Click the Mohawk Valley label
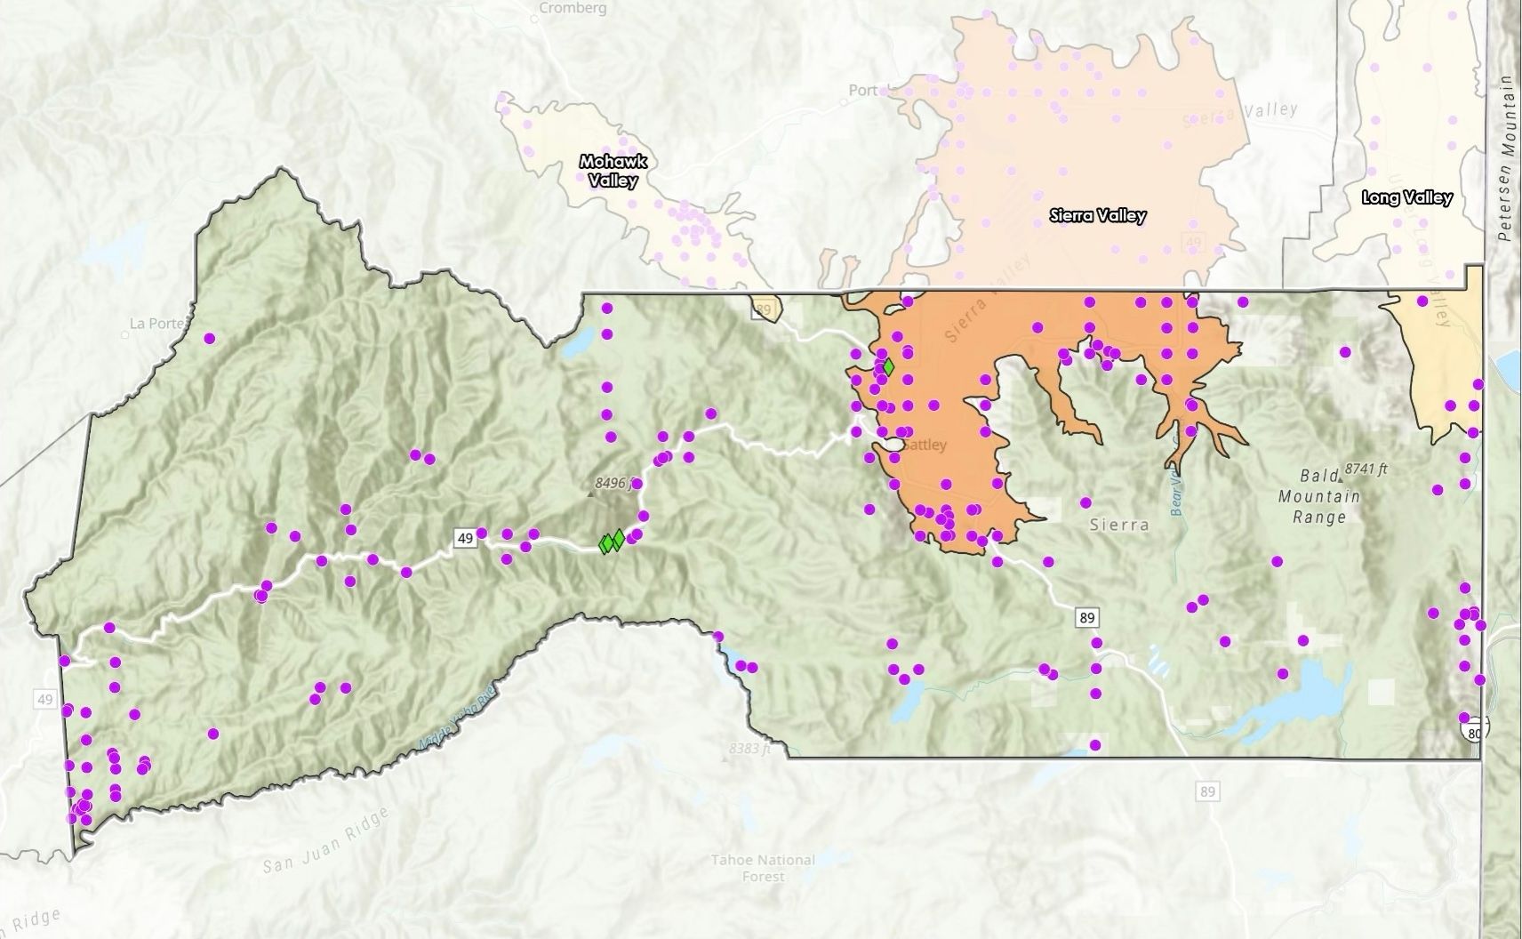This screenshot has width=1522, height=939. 613,171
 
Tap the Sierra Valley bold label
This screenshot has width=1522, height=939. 1097,215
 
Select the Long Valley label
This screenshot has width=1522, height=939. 1406,197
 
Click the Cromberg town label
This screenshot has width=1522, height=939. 573,8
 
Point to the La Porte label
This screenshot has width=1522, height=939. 156,324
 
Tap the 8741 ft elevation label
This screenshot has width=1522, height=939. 1366,468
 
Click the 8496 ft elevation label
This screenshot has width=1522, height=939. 613,483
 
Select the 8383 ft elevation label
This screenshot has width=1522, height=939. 748,749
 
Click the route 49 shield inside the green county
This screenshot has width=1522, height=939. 464,538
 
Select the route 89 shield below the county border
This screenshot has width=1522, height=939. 1206,791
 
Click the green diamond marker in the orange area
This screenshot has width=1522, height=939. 887,365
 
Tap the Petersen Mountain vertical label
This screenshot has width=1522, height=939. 1504,158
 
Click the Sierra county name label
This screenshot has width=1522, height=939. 1118,525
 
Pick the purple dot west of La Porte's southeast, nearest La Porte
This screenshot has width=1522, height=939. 210,338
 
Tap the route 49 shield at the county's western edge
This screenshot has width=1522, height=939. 45,700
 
